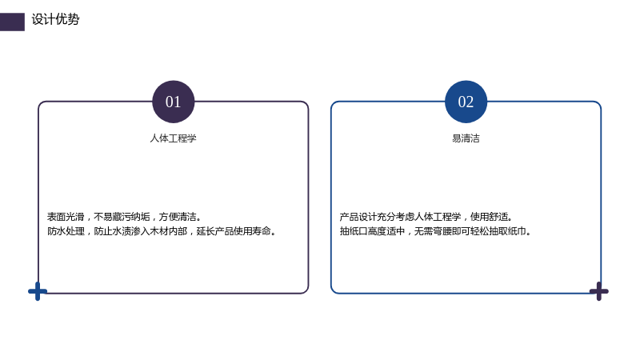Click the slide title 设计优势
point(55,19)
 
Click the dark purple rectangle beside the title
point(12,22)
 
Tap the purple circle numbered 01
point(174,102)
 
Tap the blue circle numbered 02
point(466,102)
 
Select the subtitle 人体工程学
point(174,138)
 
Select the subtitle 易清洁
point(466,138)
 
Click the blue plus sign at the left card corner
point(38,291)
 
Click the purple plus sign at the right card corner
point(598,291)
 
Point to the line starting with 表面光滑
point(124,216)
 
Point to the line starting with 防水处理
point(162,231)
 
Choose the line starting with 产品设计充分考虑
point(426,216)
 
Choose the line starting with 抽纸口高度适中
point(435,231)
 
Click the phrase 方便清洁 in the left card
point(178,216)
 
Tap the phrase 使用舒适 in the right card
point(489,216)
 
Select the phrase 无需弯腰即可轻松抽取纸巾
point(470,231)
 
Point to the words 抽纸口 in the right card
point(354,231)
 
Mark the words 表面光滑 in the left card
point(66,216)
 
